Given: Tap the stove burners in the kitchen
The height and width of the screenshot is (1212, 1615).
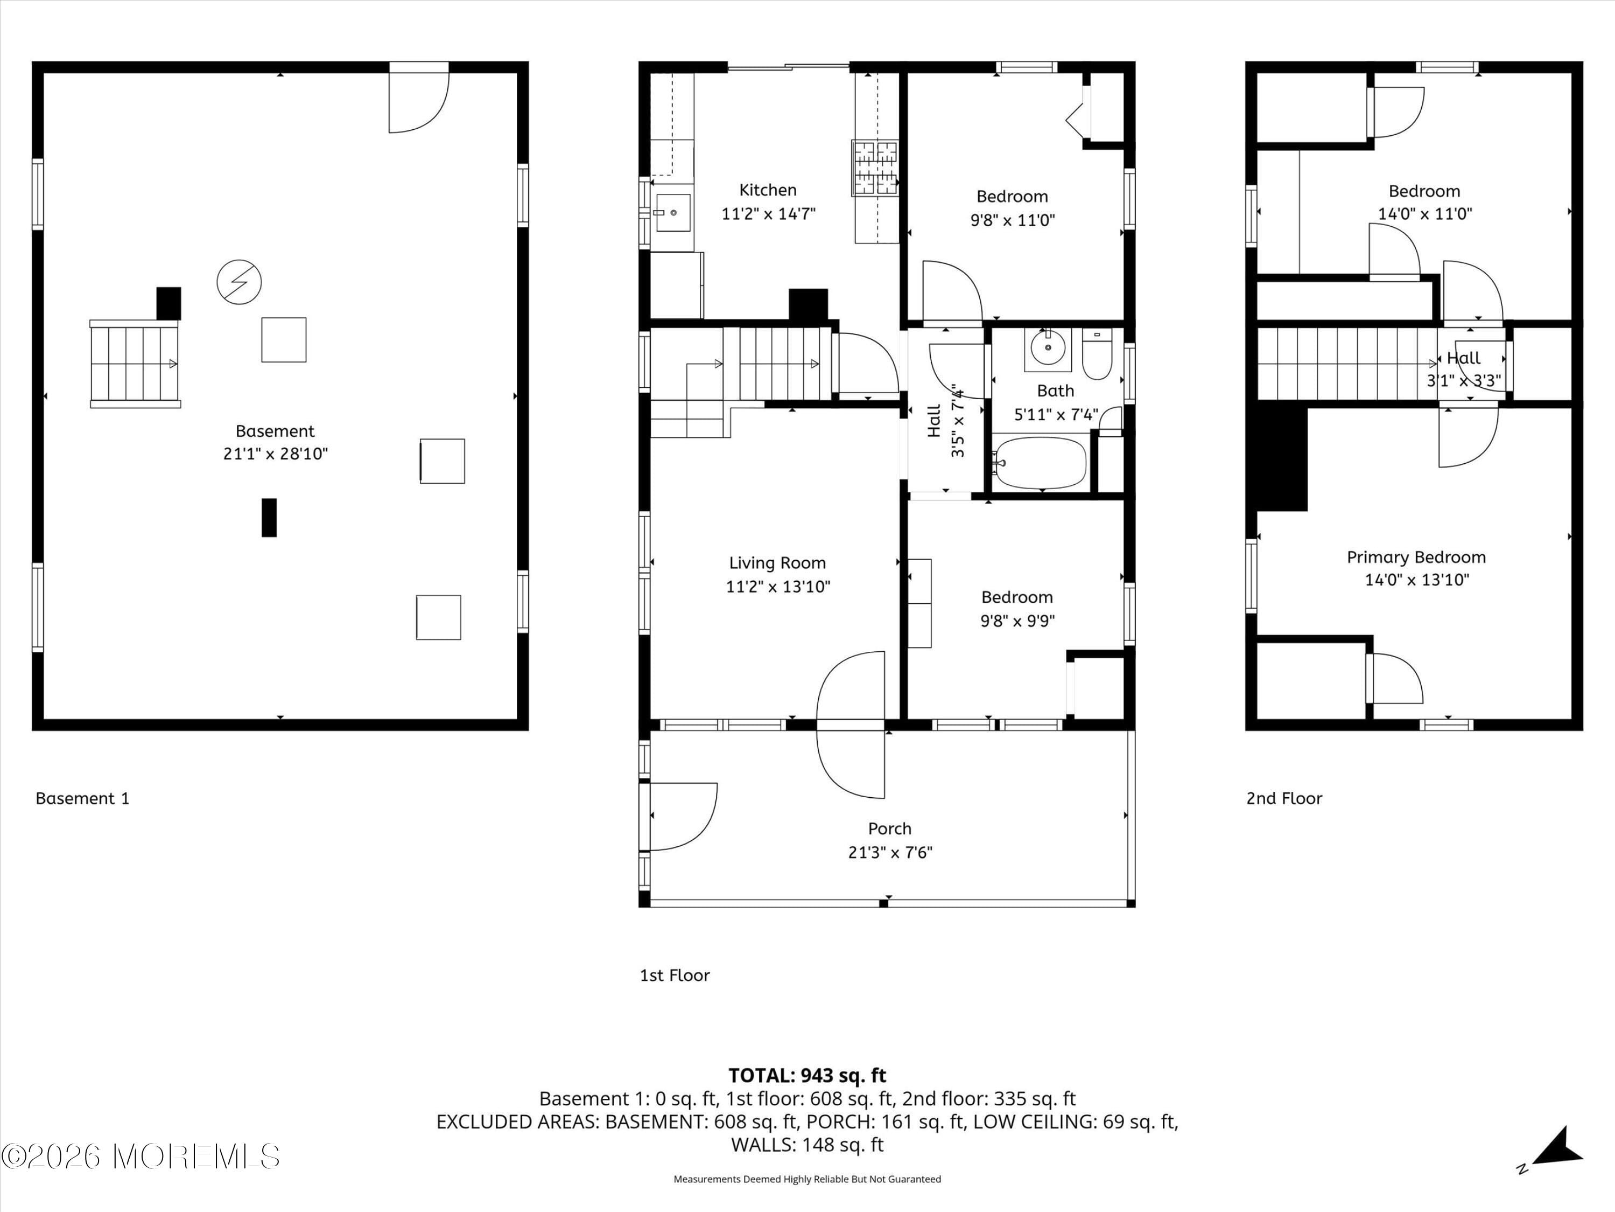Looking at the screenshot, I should point(875,168).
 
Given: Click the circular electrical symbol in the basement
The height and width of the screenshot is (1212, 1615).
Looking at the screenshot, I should point(238,282).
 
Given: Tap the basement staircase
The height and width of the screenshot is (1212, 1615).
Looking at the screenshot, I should point(135,364).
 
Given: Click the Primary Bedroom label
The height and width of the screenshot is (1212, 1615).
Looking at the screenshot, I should point(1416,558).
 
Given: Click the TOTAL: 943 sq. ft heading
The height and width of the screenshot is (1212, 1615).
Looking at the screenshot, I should point(807,1075).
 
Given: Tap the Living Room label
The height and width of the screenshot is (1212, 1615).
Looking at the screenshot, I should point(777,563).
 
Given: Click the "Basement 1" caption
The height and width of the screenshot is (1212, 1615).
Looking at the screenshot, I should point(82,798).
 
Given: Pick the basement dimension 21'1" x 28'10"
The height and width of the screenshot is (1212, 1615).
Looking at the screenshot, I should point(275,454).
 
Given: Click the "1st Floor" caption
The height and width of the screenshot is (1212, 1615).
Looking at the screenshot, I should point(675,976).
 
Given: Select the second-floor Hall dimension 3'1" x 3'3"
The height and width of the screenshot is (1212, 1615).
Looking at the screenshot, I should point(1463,381).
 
